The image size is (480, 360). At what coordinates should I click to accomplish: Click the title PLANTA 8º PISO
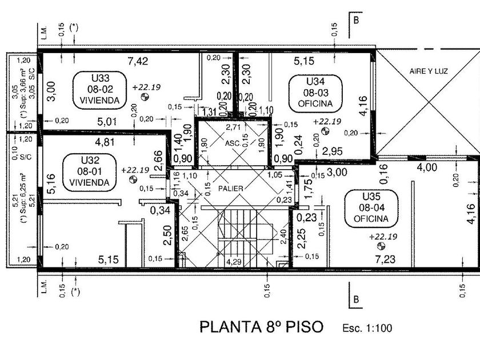261,327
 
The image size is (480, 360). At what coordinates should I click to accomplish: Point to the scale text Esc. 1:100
367,329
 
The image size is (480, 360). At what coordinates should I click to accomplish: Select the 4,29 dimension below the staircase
233,262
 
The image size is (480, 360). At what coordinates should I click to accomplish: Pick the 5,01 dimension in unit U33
107,121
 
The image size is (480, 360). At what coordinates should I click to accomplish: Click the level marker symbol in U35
381,247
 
